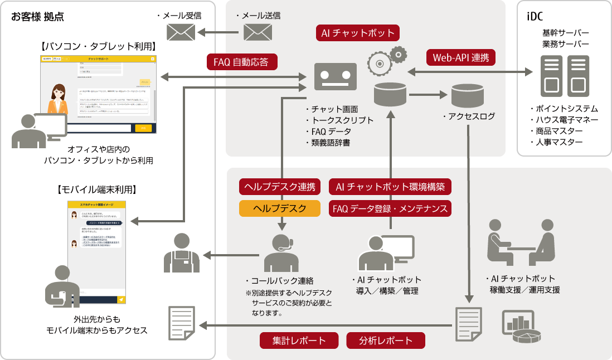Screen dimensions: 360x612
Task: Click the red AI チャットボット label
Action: tap(358, 33)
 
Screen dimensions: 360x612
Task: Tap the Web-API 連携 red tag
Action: tap(460, 57)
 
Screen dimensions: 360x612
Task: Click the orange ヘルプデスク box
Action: tap(280, 208)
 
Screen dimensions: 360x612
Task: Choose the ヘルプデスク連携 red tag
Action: tap(280, 187)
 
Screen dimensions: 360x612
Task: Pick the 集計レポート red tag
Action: tap(299, 340)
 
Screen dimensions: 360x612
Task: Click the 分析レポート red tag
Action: tap(386, 340)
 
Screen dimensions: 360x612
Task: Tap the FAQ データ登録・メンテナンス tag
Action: tap(390, 208)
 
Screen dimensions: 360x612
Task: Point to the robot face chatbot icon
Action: tap(336, 76)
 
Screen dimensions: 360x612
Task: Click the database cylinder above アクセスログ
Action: tap(467, 95)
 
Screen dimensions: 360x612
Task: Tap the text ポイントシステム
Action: tap(563, 109)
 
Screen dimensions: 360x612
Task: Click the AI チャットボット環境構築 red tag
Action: tap(390, 187)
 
